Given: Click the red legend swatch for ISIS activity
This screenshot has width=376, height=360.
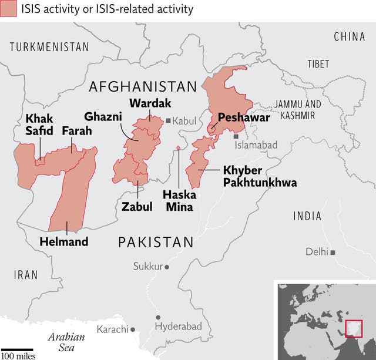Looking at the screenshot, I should point(8,9).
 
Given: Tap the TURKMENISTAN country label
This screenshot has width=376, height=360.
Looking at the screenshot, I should point(49,47).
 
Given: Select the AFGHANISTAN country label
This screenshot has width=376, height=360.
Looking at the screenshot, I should point(142,87).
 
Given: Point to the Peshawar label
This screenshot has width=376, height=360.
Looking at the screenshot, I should point(243,117).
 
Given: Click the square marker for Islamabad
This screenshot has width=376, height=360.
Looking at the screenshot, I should point(236,136).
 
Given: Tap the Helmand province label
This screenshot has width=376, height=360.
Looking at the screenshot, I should point(63,241).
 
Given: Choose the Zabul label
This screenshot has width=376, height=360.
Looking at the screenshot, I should point(137,206).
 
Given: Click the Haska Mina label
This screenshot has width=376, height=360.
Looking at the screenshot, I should point(179,200).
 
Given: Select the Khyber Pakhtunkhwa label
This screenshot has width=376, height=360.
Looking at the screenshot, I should point(259,176).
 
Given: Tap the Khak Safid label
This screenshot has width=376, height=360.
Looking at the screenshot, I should point(39,125).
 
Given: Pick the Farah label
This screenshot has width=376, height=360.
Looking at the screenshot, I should point(76,130).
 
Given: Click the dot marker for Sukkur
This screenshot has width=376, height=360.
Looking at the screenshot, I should point(167,267).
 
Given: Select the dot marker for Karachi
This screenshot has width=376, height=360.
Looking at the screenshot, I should point(133,329).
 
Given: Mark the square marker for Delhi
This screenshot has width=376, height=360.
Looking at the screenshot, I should point(333,253).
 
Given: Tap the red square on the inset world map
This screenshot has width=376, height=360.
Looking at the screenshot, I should point(354,328).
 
